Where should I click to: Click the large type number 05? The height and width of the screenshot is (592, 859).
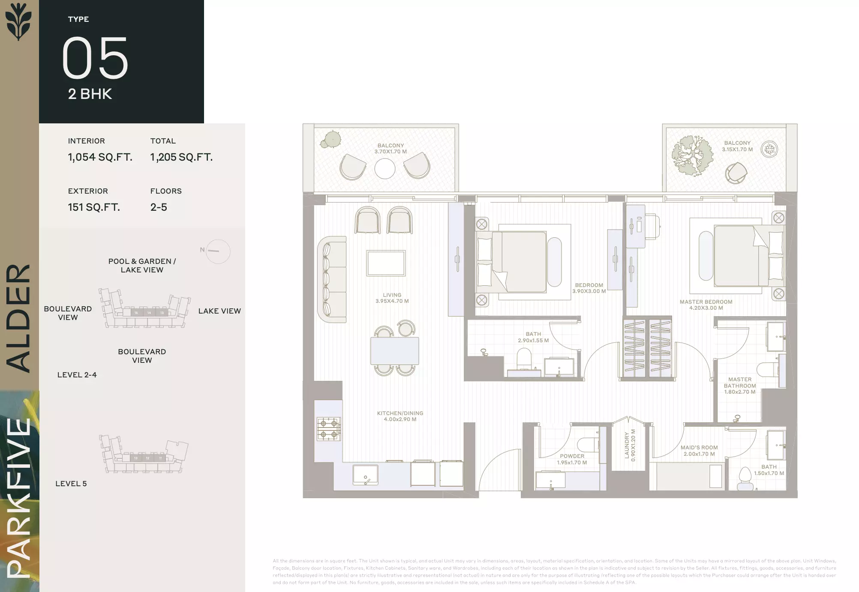pyautogui.click(x=95, y=58)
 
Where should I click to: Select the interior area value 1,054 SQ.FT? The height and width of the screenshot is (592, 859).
pyautogui.click(x=100, y=157)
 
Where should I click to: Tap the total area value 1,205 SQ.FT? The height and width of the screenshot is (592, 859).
pyautogui.click(x=181, y=157)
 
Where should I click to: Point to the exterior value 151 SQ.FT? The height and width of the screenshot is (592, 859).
pyautogui.click(x=94, y=207)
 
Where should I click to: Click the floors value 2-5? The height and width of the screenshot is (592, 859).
pyautogui.click(x=159, y=207)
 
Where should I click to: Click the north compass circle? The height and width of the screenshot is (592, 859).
pyautogui.click(x=218, y=251)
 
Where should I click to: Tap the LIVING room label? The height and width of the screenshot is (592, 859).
pyautogui.click(x=392, y=295)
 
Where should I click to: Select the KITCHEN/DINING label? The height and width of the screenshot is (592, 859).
pyautogui.click(x=400, y=413)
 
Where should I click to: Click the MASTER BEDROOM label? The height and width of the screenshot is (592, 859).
pyautogui.click(x=706, y=302)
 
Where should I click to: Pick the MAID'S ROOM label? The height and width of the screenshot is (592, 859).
pyautogui.click(x=699, y=448)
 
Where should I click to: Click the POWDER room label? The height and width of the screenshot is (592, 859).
pyautogui.click(x=572, y=456)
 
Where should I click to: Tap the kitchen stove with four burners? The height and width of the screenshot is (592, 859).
pyautogui.click(x=329, y=429)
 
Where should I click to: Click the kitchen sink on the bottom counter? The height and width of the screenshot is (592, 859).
pyautogui.click(x=366, y=475)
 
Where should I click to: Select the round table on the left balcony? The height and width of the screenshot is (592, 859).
pyautogui.click(x=385, y=169)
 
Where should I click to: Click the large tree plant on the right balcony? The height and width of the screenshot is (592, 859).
pyautogui.click(x=693, y=155)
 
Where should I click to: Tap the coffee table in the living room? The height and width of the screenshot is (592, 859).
pyautogui.click(x=386, y=263)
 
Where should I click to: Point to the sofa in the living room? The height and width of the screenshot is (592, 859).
pyautogui.click(x=332, y=279)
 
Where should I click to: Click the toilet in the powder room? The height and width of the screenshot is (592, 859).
pyautogui.click(x=588, y=445)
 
